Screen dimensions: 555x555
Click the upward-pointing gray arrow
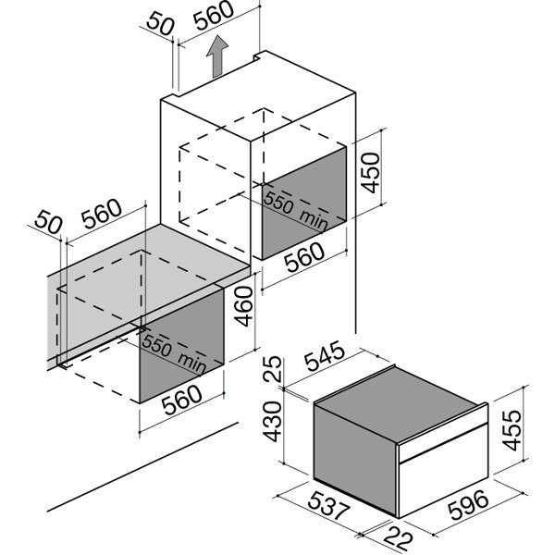pyautogui.click(x=217, y=56)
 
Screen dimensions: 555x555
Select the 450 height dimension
pyautogui.click(x=371, y=173)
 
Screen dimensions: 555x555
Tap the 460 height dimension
pyautogui.click(x=244, y=306)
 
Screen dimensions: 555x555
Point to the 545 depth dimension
pyautogui.click(x=325, y=356)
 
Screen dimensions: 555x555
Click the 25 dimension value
pyautogui.click(x=273, y=369)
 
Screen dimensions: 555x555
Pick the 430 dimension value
pyautogui.click(x=273, y=422)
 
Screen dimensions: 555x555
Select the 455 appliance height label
pyautogui.click(x=512, y=430)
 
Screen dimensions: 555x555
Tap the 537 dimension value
pyautogui.click(x=328, y=506)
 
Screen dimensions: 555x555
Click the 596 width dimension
pyautogui.click(x=468, y=505)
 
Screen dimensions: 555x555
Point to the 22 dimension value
pyautogui.click(x=399, y=538)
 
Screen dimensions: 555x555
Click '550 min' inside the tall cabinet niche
pyautogui.click(x=296, y=211)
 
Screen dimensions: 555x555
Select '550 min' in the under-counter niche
pyautogui.click(x=174, y=353)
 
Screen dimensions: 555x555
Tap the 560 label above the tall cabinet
pyautogui.click(x=214, y=16)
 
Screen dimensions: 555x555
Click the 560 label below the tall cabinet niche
pyautogui.click(x=304, y=257)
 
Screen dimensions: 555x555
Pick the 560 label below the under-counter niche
pyautogui.click(x=182, y=400)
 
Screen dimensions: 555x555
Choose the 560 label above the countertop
pyautogui.click(x=102, y=214)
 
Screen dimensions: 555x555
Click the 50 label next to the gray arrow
pyautogui.click(x=160, y=24)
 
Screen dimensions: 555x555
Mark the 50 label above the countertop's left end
pyautogui.click(x=48, y=222)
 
